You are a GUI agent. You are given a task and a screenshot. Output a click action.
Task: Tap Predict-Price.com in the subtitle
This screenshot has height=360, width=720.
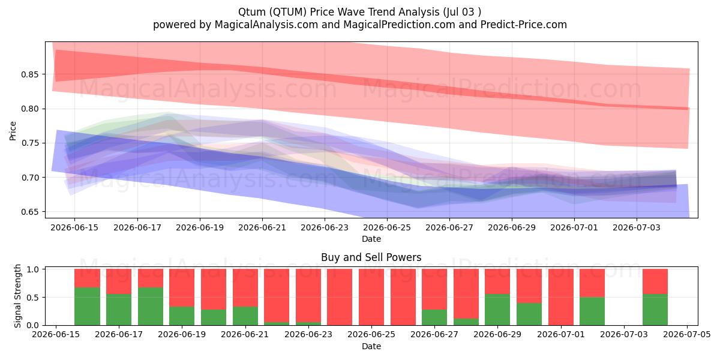tap(523, 25)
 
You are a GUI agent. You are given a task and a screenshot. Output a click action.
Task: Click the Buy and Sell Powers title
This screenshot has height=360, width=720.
tap(371, 257)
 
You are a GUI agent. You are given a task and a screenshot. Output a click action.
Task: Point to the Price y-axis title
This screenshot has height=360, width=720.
tap(13, 131)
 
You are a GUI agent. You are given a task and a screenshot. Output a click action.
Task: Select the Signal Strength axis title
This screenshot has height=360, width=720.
tap(17, 296)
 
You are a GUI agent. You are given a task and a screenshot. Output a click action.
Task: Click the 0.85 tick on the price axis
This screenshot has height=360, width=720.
tap(29, 74)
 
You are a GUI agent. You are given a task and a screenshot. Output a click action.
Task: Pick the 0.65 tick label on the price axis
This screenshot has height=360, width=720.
tap(29, 212)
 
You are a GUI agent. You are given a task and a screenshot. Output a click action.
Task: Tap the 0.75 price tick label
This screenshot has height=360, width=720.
tap(29, 143)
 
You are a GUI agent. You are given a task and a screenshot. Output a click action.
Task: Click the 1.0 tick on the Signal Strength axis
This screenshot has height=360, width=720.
tap(33, 269)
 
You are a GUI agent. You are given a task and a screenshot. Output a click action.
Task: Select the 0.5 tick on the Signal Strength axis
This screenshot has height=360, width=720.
tap(33, 298)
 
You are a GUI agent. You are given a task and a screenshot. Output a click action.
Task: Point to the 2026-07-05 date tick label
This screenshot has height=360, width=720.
tap(687, 335)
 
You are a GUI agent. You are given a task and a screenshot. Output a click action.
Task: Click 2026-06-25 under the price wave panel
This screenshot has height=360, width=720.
tap(387, 227)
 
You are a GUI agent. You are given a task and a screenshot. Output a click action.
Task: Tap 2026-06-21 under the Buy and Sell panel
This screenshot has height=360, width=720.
tap(245, 335)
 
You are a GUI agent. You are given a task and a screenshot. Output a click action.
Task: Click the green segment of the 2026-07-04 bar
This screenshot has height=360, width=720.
tap(655, 310)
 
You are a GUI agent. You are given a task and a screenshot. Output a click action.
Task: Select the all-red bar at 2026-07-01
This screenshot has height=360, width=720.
tap(561, 297)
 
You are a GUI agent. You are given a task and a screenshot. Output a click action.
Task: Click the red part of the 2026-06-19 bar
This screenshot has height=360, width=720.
tap(182, 287)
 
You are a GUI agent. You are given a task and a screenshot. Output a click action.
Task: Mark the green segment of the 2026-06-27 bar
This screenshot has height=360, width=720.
tap(434, 317)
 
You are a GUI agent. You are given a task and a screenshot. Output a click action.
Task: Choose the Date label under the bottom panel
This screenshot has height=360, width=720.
tap(371, 346)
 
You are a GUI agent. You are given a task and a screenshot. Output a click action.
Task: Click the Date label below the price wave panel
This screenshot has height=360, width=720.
tap(371, 239)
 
